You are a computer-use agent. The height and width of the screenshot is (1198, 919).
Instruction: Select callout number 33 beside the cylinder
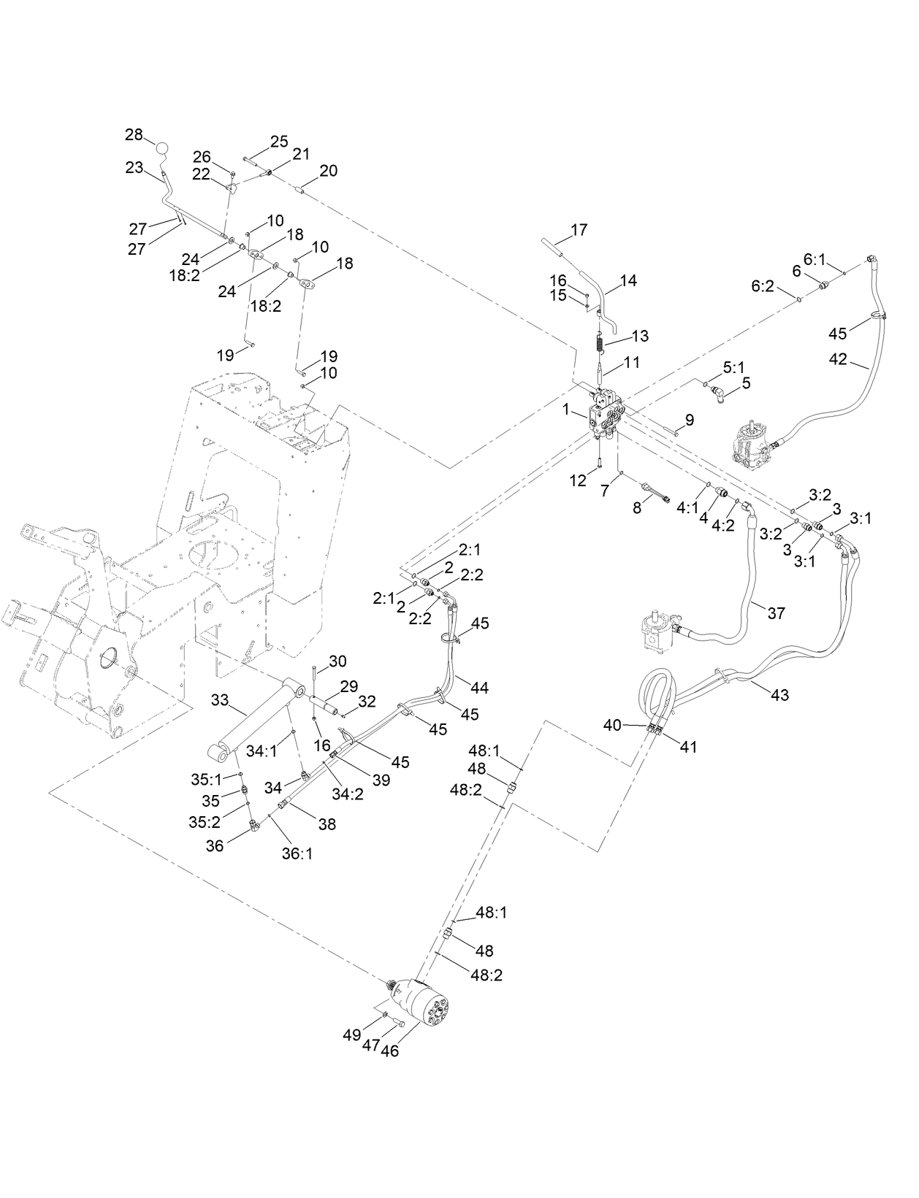(x=220, y=700)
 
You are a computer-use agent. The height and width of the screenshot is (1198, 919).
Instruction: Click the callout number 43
(x=780, y=694)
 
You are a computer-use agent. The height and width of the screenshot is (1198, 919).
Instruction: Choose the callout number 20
(x=328, y=170)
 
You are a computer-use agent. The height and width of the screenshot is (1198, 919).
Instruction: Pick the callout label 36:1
(x=297, y=853)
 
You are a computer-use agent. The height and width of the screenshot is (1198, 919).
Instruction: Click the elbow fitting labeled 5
(x=717, y=395)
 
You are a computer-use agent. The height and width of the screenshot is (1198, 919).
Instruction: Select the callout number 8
(x=637, y=507)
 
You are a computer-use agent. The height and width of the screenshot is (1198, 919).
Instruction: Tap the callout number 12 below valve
(x=579, y=480)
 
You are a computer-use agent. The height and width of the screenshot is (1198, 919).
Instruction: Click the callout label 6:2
(x=762, y=287)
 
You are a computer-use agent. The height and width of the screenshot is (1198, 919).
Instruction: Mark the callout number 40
(x=612, y=725)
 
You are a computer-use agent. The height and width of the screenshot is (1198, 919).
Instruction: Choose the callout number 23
(x=134, y=167)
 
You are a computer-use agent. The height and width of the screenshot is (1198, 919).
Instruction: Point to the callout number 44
(x=479, y=687)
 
